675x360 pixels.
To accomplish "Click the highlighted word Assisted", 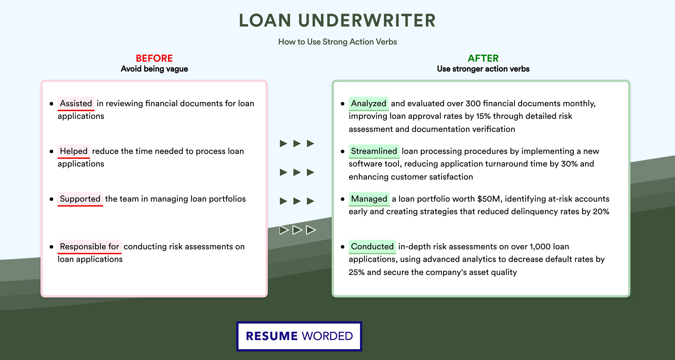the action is [x=76, y=103].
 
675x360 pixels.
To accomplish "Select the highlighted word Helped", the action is [x=74, y=151].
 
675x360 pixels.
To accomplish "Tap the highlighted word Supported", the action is [x=80, y=199].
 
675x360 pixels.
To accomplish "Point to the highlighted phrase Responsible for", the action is [x=89, y=247].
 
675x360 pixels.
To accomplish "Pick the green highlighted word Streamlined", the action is [x=374, y=151].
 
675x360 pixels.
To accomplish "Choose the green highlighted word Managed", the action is [x=369, y=199].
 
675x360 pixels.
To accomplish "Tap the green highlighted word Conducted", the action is [x=372, y=247].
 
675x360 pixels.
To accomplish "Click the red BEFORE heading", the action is [x=154, y=58].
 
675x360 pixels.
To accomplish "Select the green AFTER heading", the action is [x=483, y=58].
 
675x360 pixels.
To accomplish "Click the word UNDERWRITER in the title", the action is [x=367, y=20].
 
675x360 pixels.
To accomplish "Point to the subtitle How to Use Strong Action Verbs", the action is [x=337, y=42].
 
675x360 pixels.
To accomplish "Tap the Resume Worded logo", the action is [x=299, y=336].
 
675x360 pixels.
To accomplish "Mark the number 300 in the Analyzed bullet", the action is [x=473, y=103].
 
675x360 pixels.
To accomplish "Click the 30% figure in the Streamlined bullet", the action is [x=569, y=164].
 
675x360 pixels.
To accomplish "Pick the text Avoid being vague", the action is [x=154, y=69].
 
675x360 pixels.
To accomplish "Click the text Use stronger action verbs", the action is [x=483, y=69].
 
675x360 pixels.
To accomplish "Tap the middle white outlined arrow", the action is [x=297, y=230].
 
